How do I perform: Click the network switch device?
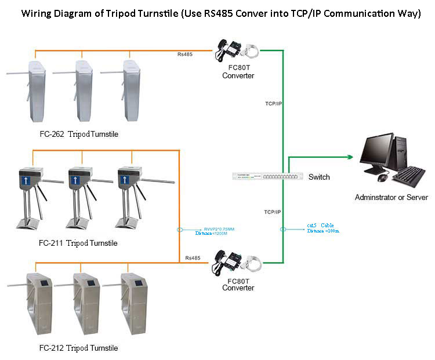pos(267,176)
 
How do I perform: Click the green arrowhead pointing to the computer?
pos(349,157)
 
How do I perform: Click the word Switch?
pos(319,177)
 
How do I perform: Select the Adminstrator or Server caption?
pos(391,197)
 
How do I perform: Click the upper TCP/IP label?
pos(274,103)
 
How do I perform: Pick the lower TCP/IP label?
pos(273,212)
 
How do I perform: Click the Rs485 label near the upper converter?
pos(185,54)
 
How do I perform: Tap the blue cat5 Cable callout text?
pos(323,228)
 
